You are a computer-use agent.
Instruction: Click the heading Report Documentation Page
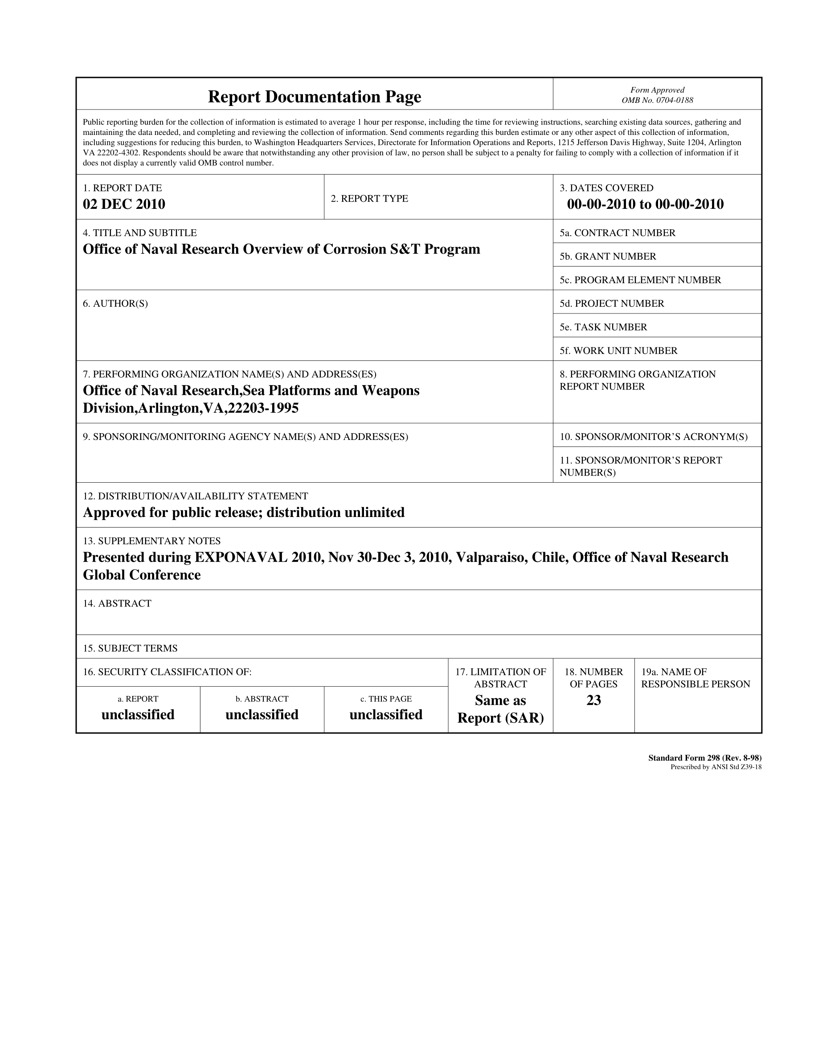tap(315, 97)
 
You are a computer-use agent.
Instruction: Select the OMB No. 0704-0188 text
tap(657, 100)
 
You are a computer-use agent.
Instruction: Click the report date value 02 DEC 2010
tap(124, 204)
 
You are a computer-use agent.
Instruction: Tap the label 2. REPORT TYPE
tap(369, 199)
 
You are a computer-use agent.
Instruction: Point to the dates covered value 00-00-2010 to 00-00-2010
tap(645, 204)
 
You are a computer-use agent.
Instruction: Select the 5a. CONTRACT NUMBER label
tap(618, 233)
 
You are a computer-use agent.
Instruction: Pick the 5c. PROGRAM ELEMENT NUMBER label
tap(640, 280)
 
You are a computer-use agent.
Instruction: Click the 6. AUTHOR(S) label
tap(115, 304)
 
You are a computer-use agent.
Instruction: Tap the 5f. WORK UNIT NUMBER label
tap(618, 351)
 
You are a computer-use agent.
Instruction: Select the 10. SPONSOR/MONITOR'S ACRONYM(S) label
tap(654, 437)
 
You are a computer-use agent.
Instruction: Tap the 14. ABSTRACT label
tap(117, 604)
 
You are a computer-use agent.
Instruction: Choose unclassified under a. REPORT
tap(138, 715)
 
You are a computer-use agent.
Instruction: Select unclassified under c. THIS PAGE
tap(386, 715)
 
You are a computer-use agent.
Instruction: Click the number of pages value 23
tap(593, 700)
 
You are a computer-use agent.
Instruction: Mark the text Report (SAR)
tap(501, 718)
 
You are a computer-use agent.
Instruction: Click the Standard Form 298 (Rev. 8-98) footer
tap(704, 758)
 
